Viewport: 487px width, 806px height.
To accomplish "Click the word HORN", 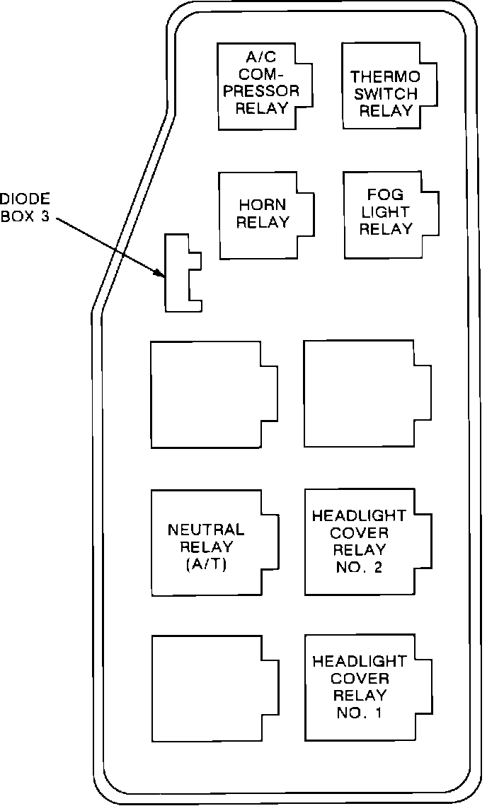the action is pyautogui.click(x=263, y=205).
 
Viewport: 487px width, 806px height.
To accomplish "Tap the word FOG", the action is pyautogui.click(x=385, y=194).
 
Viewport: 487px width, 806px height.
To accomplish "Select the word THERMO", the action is pyautogui.click(x=385, y=76).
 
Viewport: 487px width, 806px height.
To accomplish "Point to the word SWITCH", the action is pyautogui.click(x=385, y=93).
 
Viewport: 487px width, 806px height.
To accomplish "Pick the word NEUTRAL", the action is pyautogui.click(x=206, y=530).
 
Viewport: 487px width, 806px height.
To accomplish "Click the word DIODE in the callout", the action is pyautogui.click(x=25, y=199).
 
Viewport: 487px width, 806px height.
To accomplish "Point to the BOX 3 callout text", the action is pyautogui.click(x=25, y=216).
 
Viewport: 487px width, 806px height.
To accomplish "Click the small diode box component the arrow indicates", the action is pyautogui.click(x=177, y=273).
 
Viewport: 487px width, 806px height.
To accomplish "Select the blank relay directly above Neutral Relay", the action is pyautogui.click(x=207, y=395).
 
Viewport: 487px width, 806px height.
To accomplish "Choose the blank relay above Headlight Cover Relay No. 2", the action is pyautogui.click(x=359, y=393).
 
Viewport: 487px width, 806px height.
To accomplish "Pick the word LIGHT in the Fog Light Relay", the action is pyautogui.click(x=385, y=211).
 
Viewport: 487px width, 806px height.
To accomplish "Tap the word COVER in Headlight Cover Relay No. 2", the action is pyautogui.click(x=359, y=532).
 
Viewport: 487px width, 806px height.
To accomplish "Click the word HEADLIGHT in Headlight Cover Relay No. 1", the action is pyautogui.click(x=359, y=661).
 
